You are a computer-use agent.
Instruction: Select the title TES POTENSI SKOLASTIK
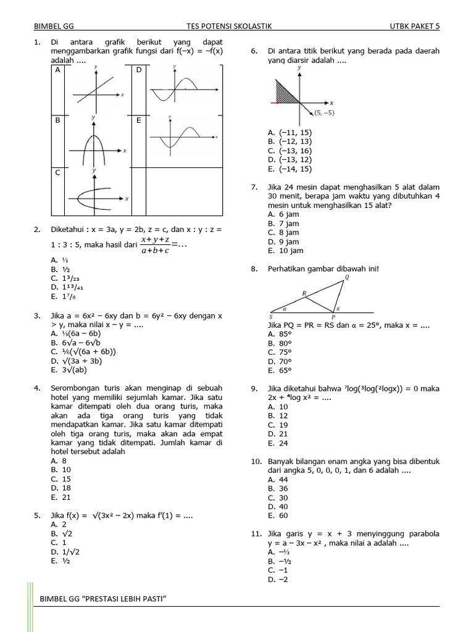pos(229,27)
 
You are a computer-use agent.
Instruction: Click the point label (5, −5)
pos(323,113)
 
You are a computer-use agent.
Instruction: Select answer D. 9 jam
pos(283,242)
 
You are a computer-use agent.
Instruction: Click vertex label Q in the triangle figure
pos(346,278)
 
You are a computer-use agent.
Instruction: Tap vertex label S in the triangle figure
pos(272,316)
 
